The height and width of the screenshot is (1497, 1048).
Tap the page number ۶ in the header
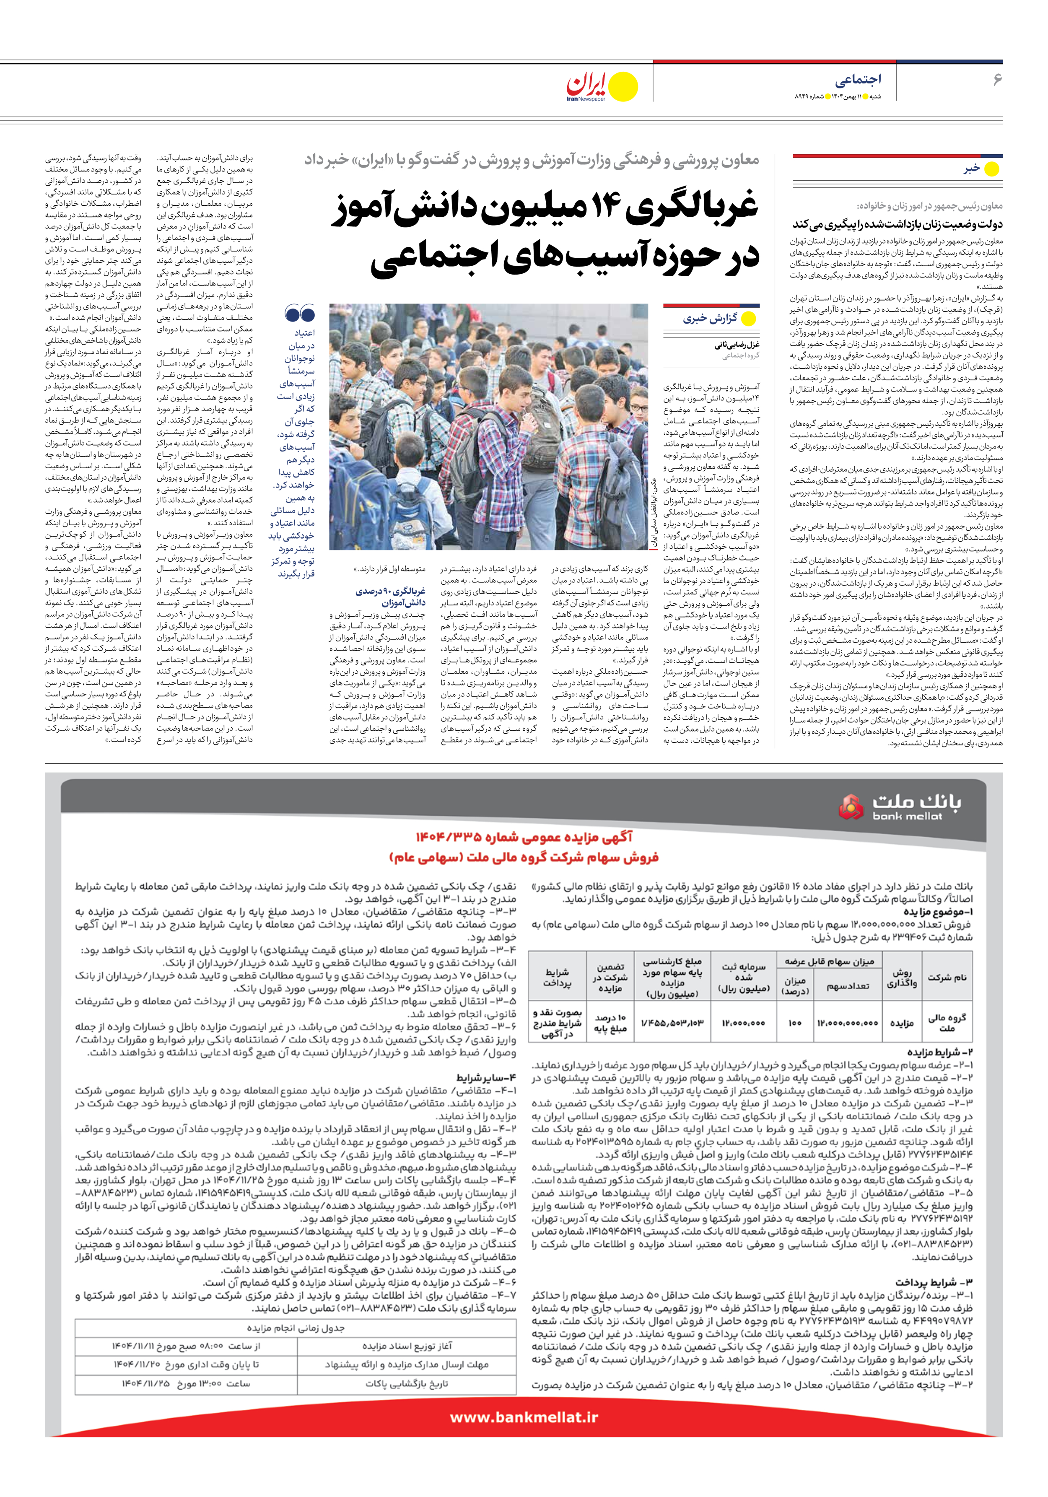tap(996, 80)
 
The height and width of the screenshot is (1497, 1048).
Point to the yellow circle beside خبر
tap(991, 169)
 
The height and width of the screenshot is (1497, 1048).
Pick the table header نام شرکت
tap(947, 977)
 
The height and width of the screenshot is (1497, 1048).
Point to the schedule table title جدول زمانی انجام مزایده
tap(296, 1328)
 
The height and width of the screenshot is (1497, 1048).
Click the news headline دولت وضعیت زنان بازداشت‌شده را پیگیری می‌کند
tap(898, 224)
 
